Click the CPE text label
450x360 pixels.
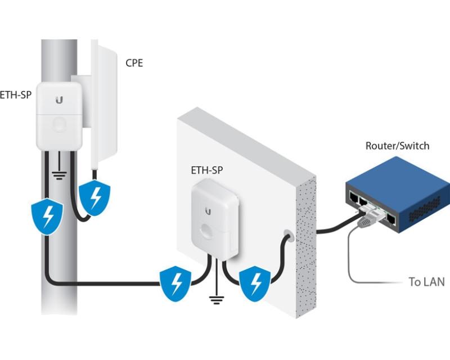[134, 62]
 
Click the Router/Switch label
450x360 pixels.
[397, 146]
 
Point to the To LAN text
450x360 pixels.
[426, 282]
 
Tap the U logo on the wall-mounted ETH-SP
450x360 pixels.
[208, 211]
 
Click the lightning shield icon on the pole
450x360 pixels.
[44, 217]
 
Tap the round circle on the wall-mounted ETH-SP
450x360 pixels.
[209, 235]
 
